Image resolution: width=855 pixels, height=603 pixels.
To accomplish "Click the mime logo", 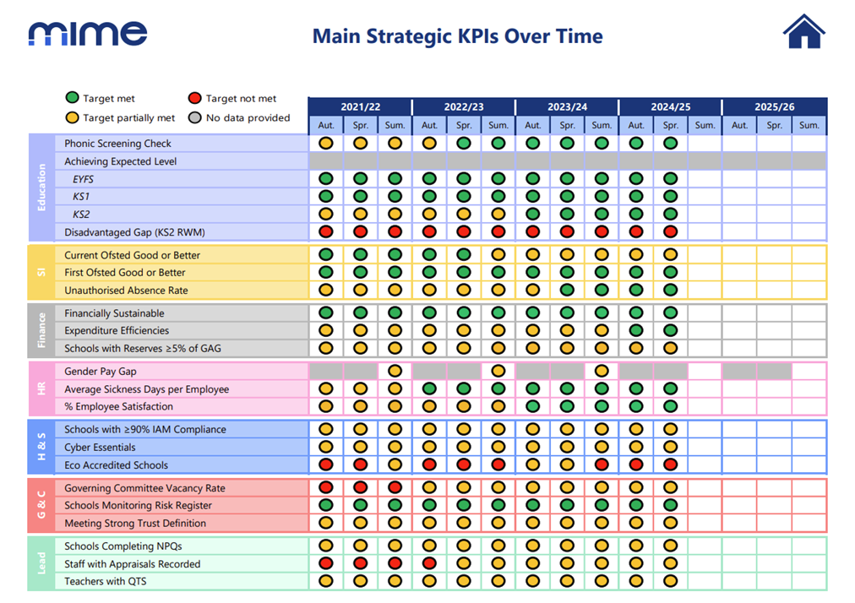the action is (x=88, y=33).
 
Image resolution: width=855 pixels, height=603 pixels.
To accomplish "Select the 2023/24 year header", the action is (x=567, y=107).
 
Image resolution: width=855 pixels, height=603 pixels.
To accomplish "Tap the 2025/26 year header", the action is (x=774, y=107).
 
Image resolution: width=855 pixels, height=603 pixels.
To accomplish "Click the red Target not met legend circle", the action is (x=194, y=98).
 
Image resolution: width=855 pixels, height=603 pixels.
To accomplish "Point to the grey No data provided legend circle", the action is (x=194, y=117).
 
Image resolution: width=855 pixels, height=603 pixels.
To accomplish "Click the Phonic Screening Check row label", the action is (x=117, y=144).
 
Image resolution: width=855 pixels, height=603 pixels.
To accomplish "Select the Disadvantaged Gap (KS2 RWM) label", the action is (x=134, y=232).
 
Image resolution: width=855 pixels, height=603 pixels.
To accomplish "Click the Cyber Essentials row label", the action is (x=100, y=447).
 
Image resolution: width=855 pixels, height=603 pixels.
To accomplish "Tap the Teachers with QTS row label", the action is (x=106, y=581).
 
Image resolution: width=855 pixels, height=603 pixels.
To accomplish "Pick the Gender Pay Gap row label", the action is (x=101, y=372).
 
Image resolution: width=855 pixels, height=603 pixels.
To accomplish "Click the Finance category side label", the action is (x=41, y=330).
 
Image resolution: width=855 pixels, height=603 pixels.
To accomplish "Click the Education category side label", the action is (x=41, y=187).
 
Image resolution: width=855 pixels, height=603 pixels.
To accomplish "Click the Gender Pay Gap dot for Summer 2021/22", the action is (x=395, y=372).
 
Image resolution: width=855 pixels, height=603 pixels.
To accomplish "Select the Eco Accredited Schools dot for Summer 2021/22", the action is (x=395, y=464).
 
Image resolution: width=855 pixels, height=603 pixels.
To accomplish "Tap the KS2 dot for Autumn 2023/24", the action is (x=533, y=214).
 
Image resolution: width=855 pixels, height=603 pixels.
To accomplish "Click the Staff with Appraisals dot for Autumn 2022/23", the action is (x=429, y=563).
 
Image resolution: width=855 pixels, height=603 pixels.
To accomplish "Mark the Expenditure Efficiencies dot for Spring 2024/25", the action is (x=671, y=330).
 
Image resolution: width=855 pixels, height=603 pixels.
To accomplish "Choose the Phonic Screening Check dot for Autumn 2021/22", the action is (x=326, y=144).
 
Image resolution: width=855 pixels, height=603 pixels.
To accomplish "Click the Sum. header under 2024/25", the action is (x=705, y=125).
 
